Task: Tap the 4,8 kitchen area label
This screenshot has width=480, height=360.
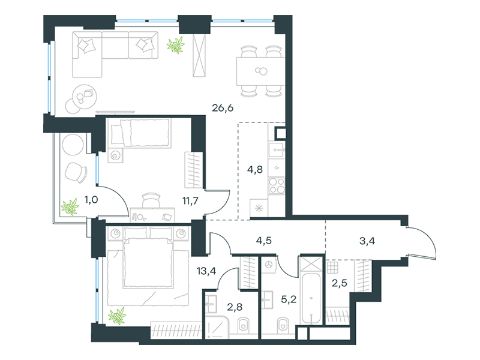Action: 255,169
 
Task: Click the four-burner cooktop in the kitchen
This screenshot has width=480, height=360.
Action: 277,185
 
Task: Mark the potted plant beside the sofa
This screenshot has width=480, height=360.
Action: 176,44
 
